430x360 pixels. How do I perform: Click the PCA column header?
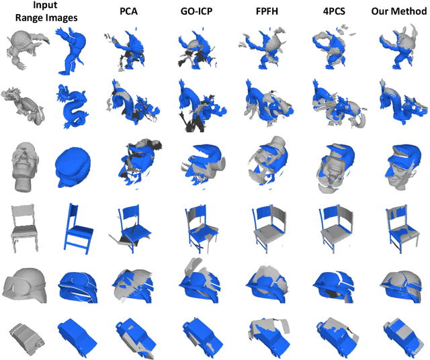pos(128,11)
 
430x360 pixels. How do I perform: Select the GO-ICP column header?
pos(196,11)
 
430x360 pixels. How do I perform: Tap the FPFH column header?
pos(267,11)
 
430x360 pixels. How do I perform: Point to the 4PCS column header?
pos(334,11)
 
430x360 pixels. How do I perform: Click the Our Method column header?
pos(399,11)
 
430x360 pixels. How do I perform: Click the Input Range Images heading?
pos(46,11)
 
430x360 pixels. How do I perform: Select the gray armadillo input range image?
pos(28,49)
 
